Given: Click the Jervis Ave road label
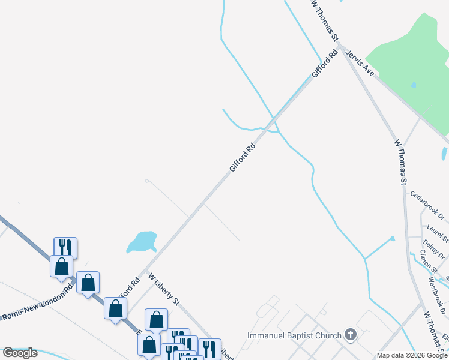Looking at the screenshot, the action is [x=360, y=63].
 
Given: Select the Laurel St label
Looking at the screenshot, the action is [x=438, y=233].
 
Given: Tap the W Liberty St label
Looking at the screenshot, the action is [x=164, y=289].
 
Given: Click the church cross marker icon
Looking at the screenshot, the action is [x=351, y=335].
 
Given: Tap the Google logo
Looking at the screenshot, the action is [x=20, y=353].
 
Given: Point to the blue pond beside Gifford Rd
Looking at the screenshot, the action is [x=143, y=241].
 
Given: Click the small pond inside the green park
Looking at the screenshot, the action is [x=414, y=85].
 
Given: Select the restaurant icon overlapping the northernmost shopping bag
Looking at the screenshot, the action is [x=65, y=247].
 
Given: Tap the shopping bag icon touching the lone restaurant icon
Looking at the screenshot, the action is [x=62, y=266].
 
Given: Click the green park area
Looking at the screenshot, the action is [x=414, y=66].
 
